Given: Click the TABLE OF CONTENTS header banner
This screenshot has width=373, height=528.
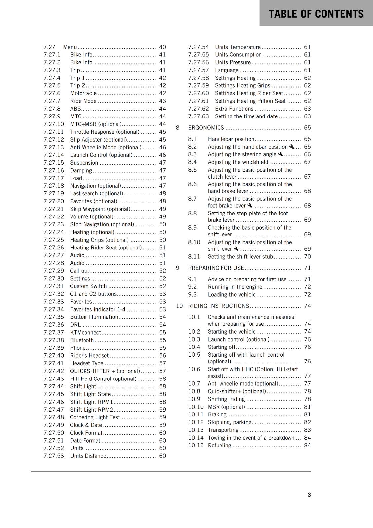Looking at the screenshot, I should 316,14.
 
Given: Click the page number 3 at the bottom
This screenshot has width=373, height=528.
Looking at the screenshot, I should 309,495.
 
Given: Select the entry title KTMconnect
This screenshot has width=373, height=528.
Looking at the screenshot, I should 85,332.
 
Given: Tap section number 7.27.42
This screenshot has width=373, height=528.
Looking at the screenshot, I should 54,371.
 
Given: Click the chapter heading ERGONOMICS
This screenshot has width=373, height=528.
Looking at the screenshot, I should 206,128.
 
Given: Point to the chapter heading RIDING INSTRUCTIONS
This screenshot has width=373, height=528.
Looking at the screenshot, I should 219,306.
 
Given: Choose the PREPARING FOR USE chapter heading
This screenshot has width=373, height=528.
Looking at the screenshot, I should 216,268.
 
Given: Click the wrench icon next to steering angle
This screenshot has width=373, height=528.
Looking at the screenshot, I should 280,154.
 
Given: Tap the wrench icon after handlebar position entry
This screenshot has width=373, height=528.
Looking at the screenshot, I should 291,147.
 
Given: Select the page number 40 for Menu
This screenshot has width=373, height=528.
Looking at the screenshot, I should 162,47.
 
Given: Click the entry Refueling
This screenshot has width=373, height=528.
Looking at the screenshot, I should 220,445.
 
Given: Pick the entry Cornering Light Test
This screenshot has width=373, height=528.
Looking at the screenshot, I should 95,417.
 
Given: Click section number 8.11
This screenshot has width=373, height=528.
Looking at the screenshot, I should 194,257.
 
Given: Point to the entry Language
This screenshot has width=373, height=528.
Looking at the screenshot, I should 226,70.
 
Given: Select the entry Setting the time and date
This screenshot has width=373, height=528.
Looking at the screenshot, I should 246,116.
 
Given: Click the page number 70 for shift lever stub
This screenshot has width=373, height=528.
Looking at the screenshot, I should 307,257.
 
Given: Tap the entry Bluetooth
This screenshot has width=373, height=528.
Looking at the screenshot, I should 82,340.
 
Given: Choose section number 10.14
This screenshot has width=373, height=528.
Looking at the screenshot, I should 196,438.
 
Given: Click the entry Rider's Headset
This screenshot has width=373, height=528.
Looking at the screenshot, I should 89,356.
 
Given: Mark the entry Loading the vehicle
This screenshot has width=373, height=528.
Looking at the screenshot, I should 232,295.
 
